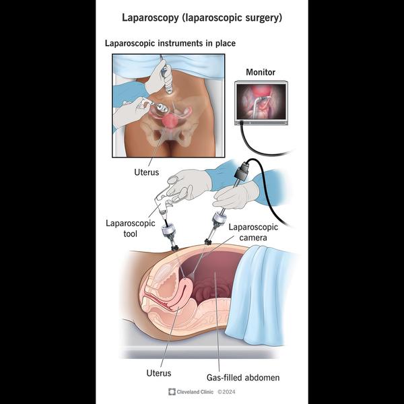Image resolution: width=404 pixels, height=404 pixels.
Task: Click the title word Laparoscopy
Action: click(x=150, y=18)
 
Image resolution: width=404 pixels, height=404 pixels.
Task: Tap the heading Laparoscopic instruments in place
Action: click(x=170, y=43)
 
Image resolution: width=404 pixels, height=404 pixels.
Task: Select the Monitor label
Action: click(x=261, y=72)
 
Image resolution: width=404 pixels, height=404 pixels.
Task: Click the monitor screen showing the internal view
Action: click(x=261, y=102)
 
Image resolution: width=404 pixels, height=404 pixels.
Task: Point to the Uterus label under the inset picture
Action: click(x=146, y=172)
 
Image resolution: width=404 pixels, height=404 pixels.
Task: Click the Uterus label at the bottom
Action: click(x=159, y=373)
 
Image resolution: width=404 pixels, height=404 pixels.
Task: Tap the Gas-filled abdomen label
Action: click(x=243, y=378)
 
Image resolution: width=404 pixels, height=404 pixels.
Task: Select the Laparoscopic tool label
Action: click(x=131, y=228)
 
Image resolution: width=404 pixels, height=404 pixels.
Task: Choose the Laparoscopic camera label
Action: click(x=253, y=232)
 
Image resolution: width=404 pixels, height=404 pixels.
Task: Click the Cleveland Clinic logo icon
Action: click(x=172, y=392)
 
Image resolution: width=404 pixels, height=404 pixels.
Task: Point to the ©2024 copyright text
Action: click(x=226, y=392)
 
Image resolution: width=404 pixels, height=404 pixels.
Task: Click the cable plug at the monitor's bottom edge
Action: click(x=242, y=123)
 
